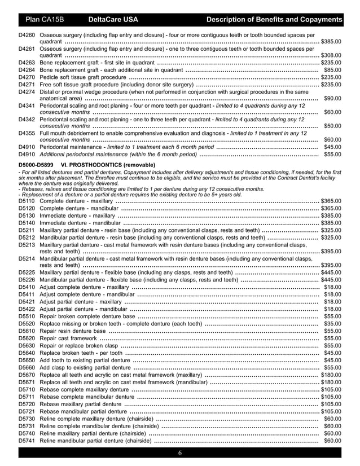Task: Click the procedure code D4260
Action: coord(27,35)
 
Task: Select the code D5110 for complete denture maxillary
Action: coord(27,201)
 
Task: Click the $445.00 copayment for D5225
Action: coord(331,272)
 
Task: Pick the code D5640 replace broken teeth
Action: coord(27,353)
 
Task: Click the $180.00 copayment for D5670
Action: coord(331,375)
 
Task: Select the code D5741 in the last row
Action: coord(27,441)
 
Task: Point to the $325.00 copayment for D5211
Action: coord(331,230)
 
